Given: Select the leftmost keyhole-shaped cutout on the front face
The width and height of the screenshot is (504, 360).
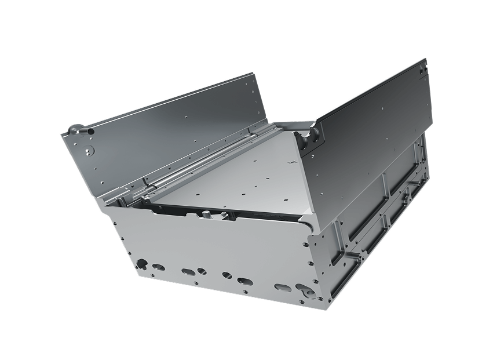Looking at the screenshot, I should pos(141,264).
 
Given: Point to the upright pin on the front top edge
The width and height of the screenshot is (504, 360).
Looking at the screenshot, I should pos(206,215).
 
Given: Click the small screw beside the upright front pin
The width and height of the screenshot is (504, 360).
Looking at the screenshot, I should pos(222,215).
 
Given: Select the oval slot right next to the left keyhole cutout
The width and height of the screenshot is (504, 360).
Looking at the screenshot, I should pos(158,267).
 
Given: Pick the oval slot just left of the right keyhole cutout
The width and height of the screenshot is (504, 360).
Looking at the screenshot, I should pos(283,287).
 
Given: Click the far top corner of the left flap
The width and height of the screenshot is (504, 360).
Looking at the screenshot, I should pos(254,74).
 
